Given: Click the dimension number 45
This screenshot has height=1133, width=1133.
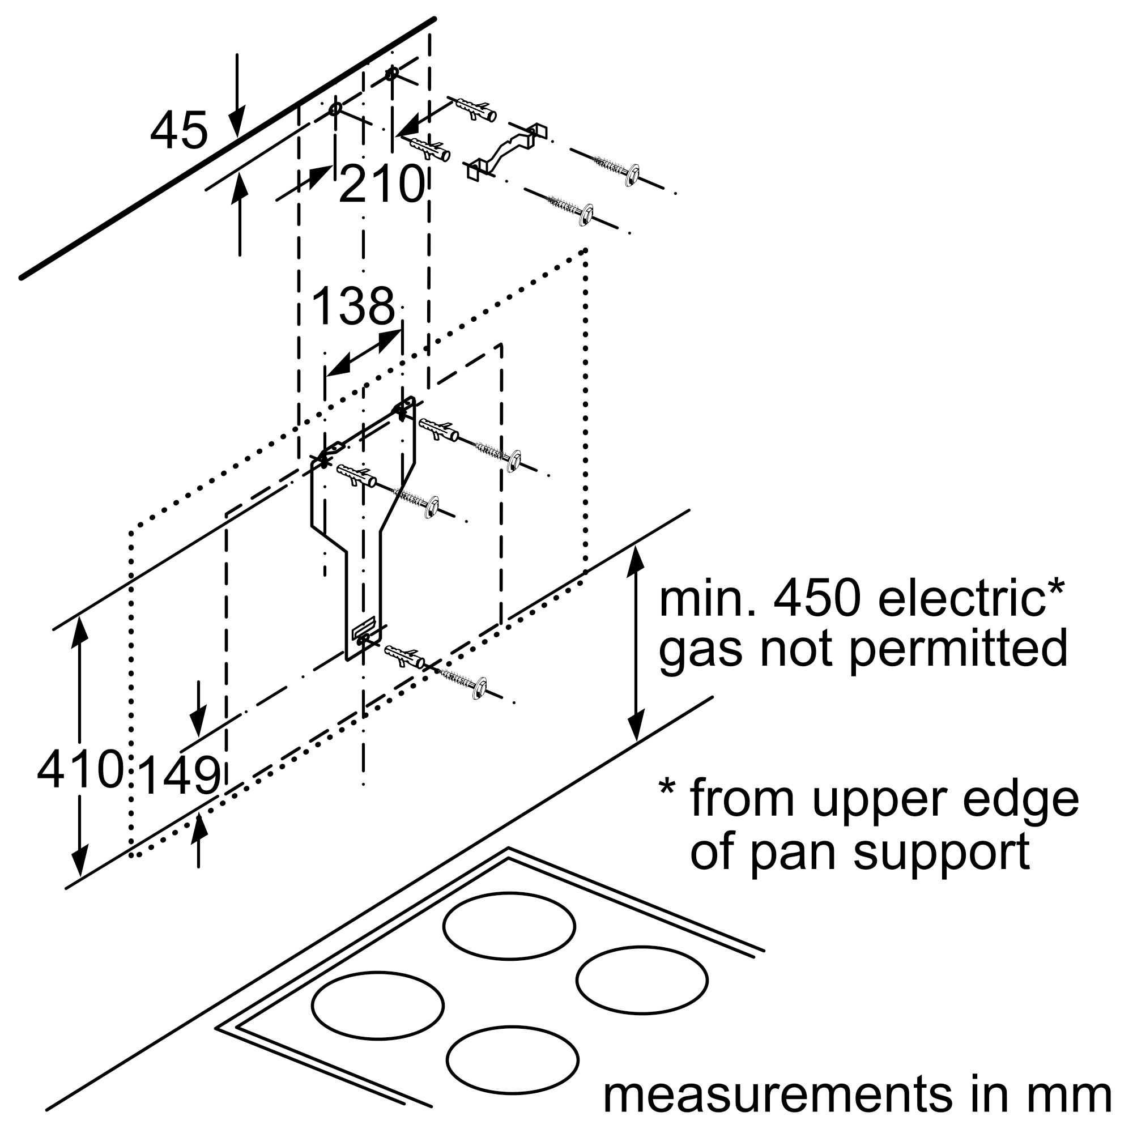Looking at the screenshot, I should coord(179,130).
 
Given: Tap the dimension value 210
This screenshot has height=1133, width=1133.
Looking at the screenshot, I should coord(381,184).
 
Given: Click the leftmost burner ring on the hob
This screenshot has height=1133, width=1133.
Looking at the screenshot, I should coord(378,1005).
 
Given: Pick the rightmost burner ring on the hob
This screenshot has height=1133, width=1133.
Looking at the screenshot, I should coord(642,980).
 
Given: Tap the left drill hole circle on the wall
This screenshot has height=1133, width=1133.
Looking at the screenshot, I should coord(335,109).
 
